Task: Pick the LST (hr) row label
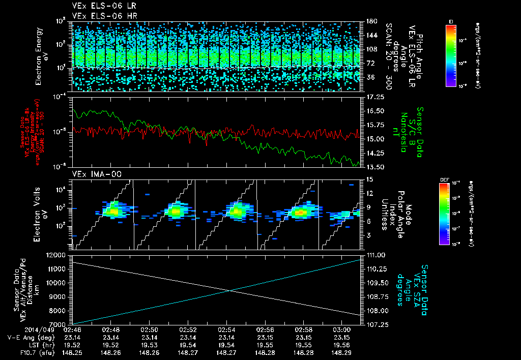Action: click(42, 344)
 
